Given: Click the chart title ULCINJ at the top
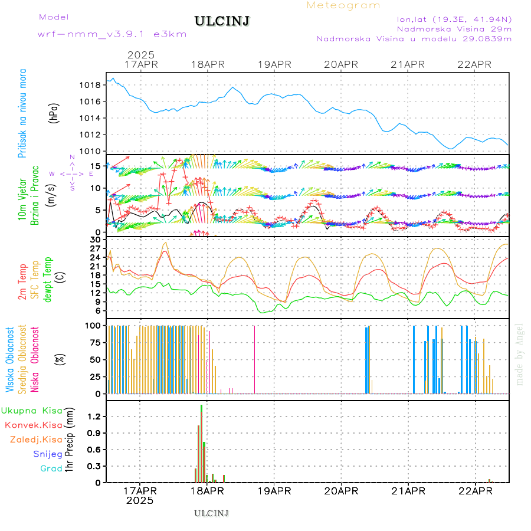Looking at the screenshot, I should [221, 21].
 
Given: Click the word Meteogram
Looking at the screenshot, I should [343, 5].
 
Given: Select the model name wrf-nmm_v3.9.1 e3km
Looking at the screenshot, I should [112, 34].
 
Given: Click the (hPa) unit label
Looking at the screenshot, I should [54, 112].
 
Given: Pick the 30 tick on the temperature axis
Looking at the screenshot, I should [95, 240].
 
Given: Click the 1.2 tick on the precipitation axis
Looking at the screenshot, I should [94, 417].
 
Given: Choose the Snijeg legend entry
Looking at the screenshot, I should [48, 454].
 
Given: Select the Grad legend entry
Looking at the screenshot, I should [51, 468].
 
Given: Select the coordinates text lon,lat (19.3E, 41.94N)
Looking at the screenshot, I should [454, 19].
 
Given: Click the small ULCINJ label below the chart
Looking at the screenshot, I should [211, 513].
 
